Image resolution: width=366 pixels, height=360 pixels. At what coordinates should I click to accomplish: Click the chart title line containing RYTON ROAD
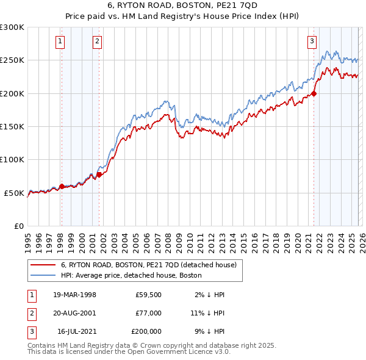coord(182,6)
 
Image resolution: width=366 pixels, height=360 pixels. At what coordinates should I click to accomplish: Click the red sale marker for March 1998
coord(62,187)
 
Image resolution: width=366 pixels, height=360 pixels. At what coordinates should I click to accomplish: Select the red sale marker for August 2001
coord(99,175)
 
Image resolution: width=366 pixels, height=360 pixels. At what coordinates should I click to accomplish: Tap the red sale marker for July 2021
coord(314,93)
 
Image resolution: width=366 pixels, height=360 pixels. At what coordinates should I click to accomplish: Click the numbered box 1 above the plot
coord(61,41)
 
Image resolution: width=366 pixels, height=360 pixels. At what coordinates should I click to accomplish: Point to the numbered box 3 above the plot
coord(312,41)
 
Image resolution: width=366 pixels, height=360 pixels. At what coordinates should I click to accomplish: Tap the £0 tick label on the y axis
coord(18,226)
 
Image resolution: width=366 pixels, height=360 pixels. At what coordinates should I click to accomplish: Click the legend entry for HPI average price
coord(135,275)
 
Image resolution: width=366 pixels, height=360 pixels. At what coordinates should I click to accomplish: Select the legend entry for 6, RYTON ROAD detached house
coord(152,265)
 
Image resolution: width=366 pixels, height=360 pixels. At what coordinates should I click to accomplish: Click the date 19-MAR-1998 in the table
coord(74,295)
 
